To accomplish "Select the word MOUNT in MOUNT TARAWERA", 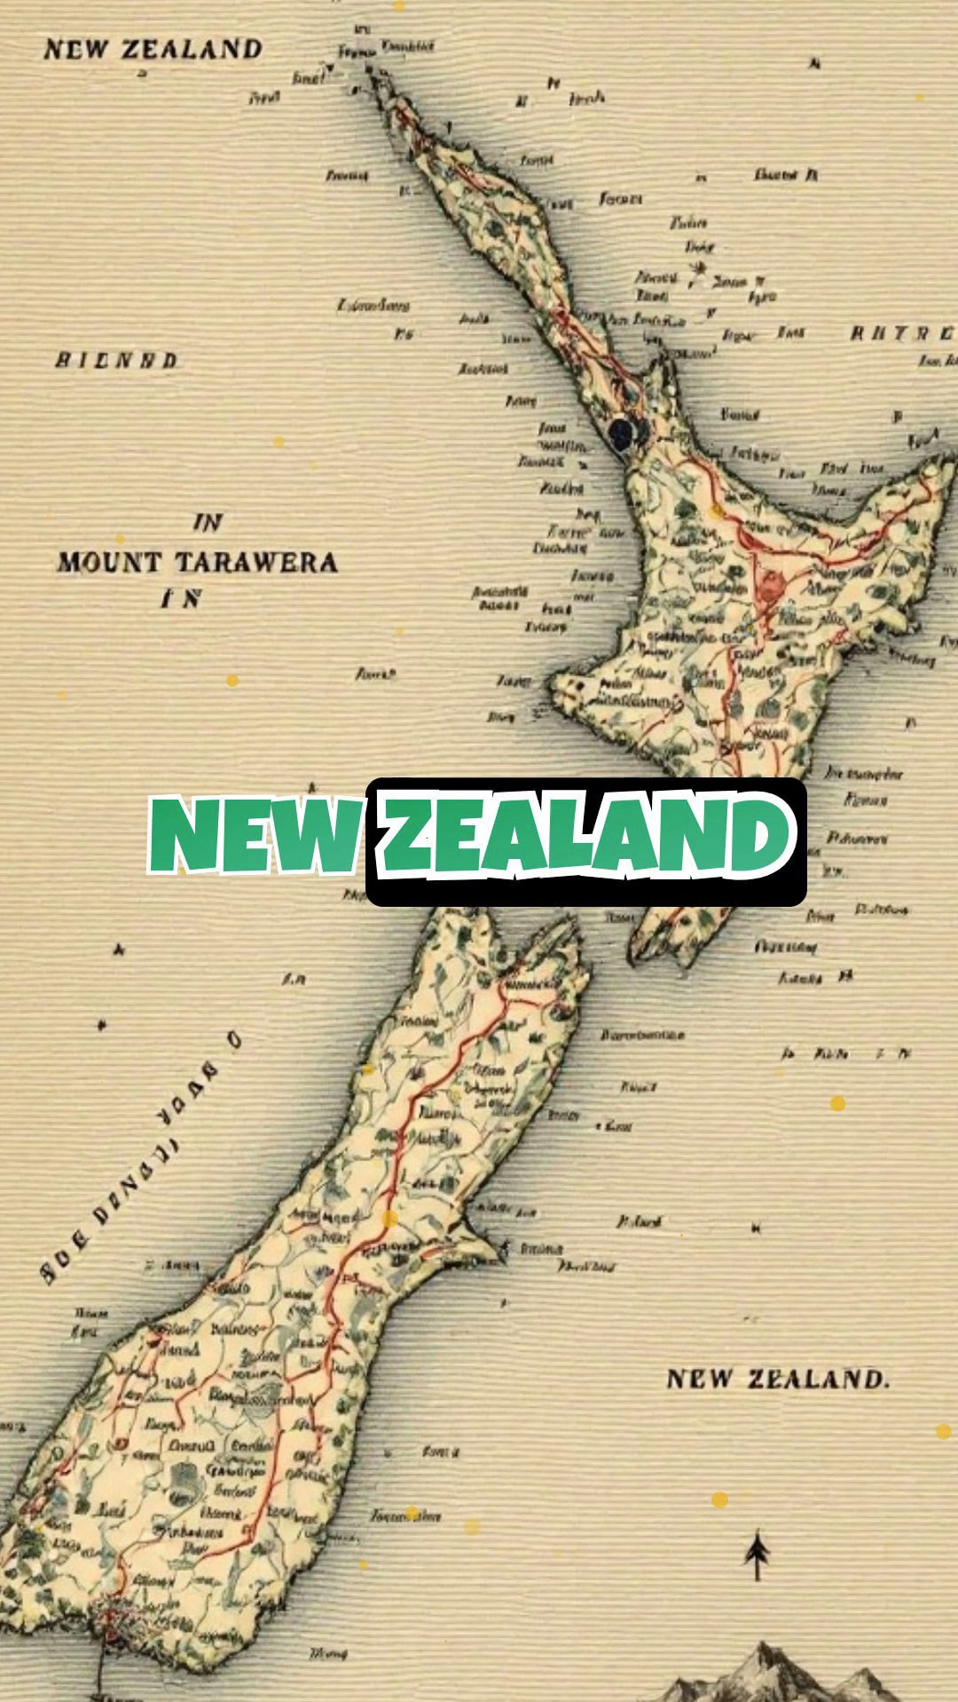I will (x=110, y=562).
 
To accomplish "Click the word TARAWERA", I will (x=255, y=562).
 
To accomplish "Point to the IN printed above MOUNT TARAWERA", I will (x=208, y=522).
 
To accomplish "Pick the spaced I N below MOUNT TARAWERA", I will (x=181, y=599).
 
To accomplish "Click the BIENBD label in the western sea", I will (x=116, y=361).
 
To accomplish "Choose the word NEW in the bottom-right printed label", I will (x=700, y=1379).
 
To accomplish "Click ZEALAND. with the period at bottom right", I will (x=818, y=1379).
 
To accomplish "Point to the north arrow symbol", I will (x=757, y=1554).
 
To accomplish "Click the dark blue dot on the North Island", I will (x=623, y=431).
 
